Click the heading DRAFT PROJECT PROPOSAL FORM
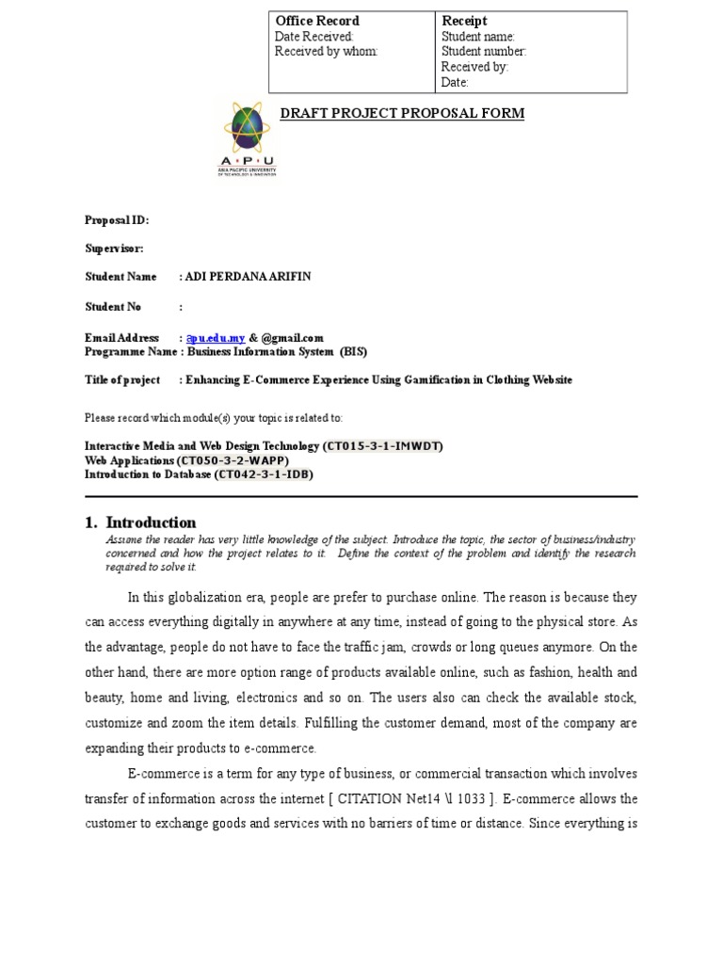tap(402, 114)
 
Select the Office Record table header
tap(316, 21)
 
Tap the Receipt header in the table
tap(464, 21)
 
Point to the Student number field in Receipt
tap(484, 52)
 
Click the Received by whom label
tap(326, 52)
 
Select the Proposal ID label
tap(117, 220)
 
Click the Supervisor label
tap(114, 249)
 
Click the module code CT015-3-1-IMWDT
tap(383, 445)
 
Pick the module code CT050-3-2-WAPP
tap(232, 460)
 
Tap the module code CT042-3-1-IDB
tap(264, 474)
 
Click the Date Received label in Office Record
tap(313, 37)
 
